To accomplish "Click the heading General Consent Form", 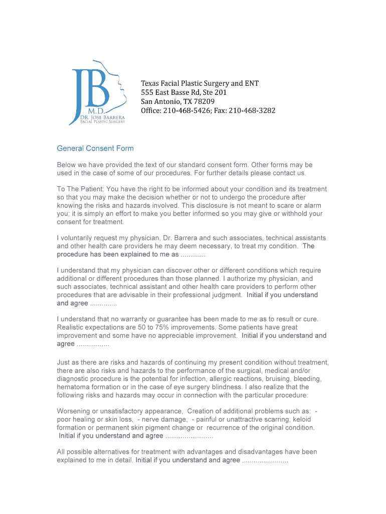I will (x=95, y=149).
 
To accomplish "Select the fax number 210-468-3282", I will (x=252, y=110).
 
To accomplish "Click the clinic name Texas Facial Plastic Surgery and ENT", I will (x=200, y=83).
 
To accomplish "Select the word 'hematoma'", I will (x=74, y=387).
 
